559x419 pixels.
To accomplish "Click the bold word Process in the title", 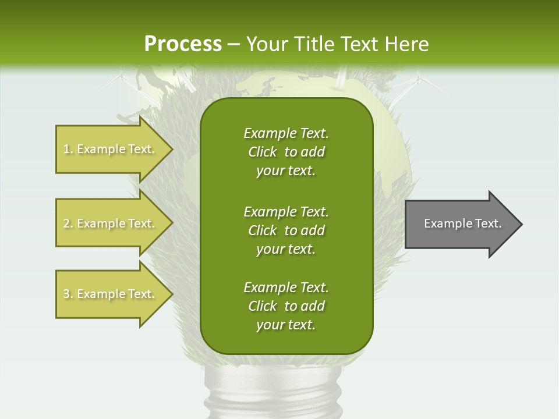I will tap(183, 44).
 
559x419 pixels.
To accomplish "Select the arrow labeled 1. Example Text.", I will tap(111, 149).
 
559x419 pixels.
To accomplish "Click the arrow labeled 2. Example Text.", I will tap(111, 223).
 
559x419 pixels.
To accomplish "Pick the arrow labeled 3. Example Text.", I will tap(111, 294).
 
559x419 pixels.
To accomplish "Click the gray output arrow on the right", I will tap(460, 223).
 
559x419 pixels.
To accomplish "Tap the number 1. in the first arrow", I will tap(68, 149).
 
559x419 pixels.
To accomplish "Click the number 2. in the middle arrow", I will tap(68, 223).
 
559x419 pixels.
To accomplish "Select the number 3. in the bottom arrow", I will tap(68, 294).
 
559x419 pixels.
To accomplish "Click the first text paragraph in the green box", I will tap(286, 152).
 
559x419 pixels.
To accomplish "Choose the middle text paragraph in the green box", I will tap(286, 230).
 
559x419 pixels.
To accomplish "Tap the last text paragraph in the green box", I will tap(286, 306).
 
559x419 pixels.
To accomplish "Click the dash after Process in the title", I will tap(234, 44).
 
